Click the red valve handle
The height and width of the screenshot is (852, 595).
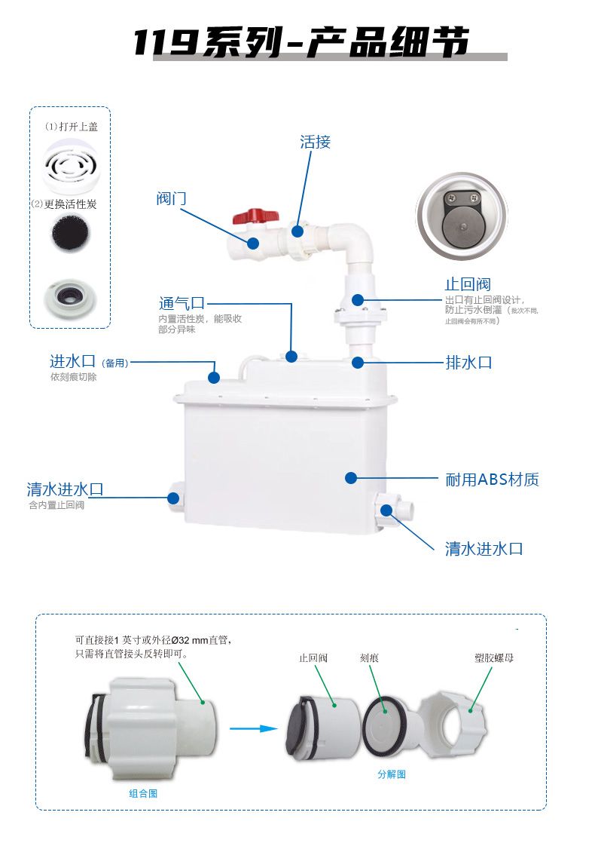click(x=250, y=217)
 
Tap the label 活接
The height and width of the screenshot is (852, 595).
click(x=315, y=142)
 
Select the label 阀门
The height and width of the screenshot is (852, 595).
click(x=171, y=198)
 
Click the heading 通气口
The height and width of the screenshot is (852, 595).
click(x=182, y=303)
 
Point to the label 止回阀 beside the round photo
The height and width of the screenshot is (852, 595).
click(x=467, y=284)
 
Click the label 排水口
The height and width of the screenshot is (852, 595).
click(x=468, y=363)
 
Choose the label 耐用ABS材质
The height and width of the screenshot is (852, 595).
click(x=492, y=480)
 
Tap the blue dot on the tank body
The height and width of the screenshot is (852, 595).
click(x=350, y=477)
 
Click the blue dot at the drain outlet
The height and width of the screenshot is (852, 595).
click(x=358, y=363)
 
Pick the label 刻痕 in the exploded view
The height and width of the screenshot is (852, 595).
click(x=369, y=658)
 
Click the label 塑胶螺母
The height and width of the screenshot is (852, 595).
click(x=494, y=658)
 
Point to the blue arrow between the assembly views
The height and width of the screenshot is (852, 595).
click(x=249, y=728)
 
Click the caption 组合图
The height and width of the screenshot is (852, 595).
click(x=143, y=793)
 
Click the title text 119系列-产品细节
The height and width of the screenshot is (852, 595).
click(x=301, y=43)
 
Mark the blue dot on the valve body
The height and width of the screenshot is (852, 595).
click(x=253, y=243)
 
